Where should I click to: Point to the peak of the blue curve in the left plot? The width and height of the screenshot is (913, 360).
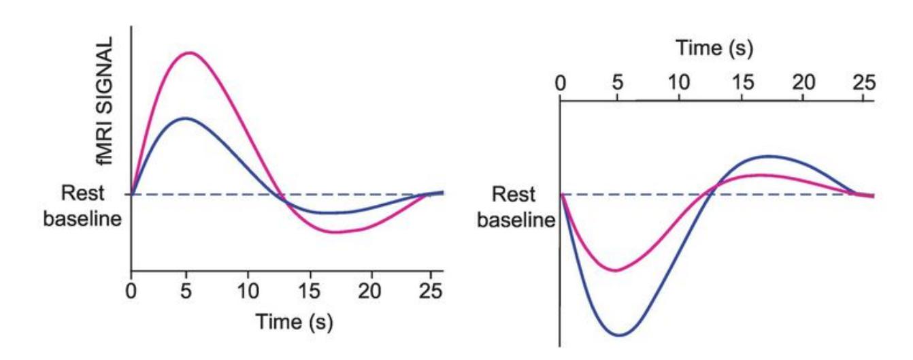click(186, 118)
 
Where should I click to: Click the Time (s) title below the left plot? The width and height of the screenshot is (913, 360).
click(294, 321)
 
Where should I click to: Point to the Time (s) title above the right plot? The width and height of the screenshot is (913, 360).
click(714, 48)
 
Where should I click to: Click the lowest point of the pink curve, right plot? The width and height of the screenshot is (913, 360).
click(616, 270)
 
